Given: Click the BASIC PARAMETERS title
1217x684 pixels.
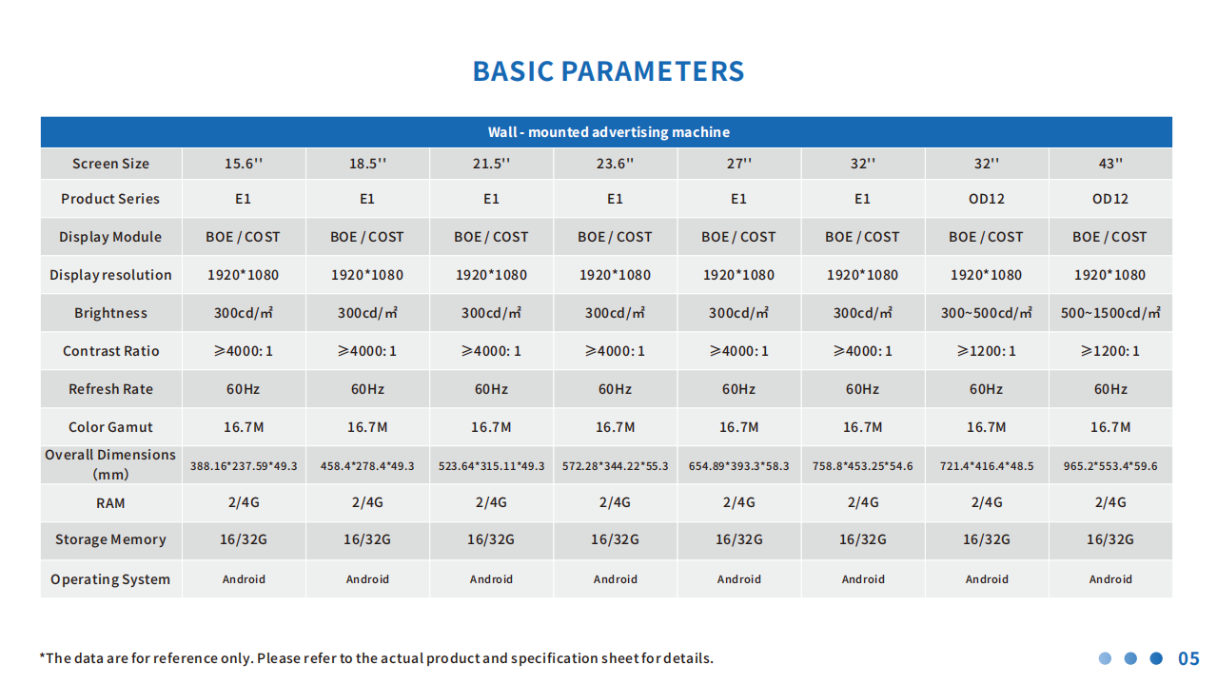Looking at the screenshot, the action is pyautogui.click(x=608, y=71).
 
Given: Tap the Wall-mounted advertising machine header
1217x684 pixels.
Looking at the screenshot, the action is pyautogui.click(x=609, y=132).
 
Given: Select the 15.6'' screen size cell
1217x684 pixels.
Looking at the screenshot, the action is pyautogui.click(x=244, y=164).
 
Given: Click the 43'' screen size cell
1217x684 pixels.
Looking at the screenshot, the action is pyautogui.click(x=1110, y=164).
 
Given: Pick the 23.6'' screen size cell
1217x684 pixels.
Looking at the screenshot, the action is pyautogui.click(x=615, y=164).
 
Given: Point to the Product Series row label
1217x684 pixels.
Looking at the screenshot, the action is pyautogui.click(x=110, y=199).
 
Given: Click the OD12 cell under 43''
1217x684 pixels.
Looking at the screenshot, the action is pyautogui.click(x=1110, y=199).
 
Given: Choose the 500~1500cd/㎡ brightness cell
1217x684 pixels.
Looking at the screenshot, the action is pyautogui.click(x=1110, y=313).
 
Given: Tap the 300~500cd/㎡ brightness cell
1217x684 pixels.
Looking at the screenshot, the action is pyautogui.click(x=986, y=313).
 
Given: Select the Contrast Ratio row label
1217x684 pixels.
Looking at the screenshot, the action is pyautogui.click(x=110, y=351).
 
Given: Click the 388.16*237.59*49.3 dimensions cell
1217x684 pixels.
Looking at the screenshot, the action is pyautogui.click(x=244, y=466).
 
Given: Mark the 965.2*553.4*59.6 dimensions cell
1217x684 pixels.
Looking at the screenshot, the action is pyautogui.click(x=1110, y=466).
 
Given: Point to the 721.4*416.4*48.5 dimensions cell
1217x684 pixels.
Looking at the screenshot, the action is pyautogui.click(x=986, y=466).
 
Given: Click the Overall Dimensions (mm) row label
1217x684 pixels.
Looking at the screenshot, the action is pyautogui.click(x=110, y=464).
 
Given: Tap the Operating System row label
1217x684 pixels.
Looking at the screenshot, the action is pyautogui.click(x=110, y=579).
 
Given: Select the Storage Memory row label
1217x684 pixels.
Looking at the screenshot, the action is pyautogui.click(x=110, y=539).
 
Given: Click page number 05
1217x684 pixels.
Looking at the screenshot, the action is pyautogui.click(x=1188, y=659).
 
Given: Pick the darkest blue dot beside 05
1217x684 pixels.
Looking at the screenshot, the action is pyautogui.click(x=1156, y=658).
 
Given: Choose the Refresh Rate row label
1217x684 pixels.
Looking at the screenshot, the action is pyautogui.click(x=110, y=389).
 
